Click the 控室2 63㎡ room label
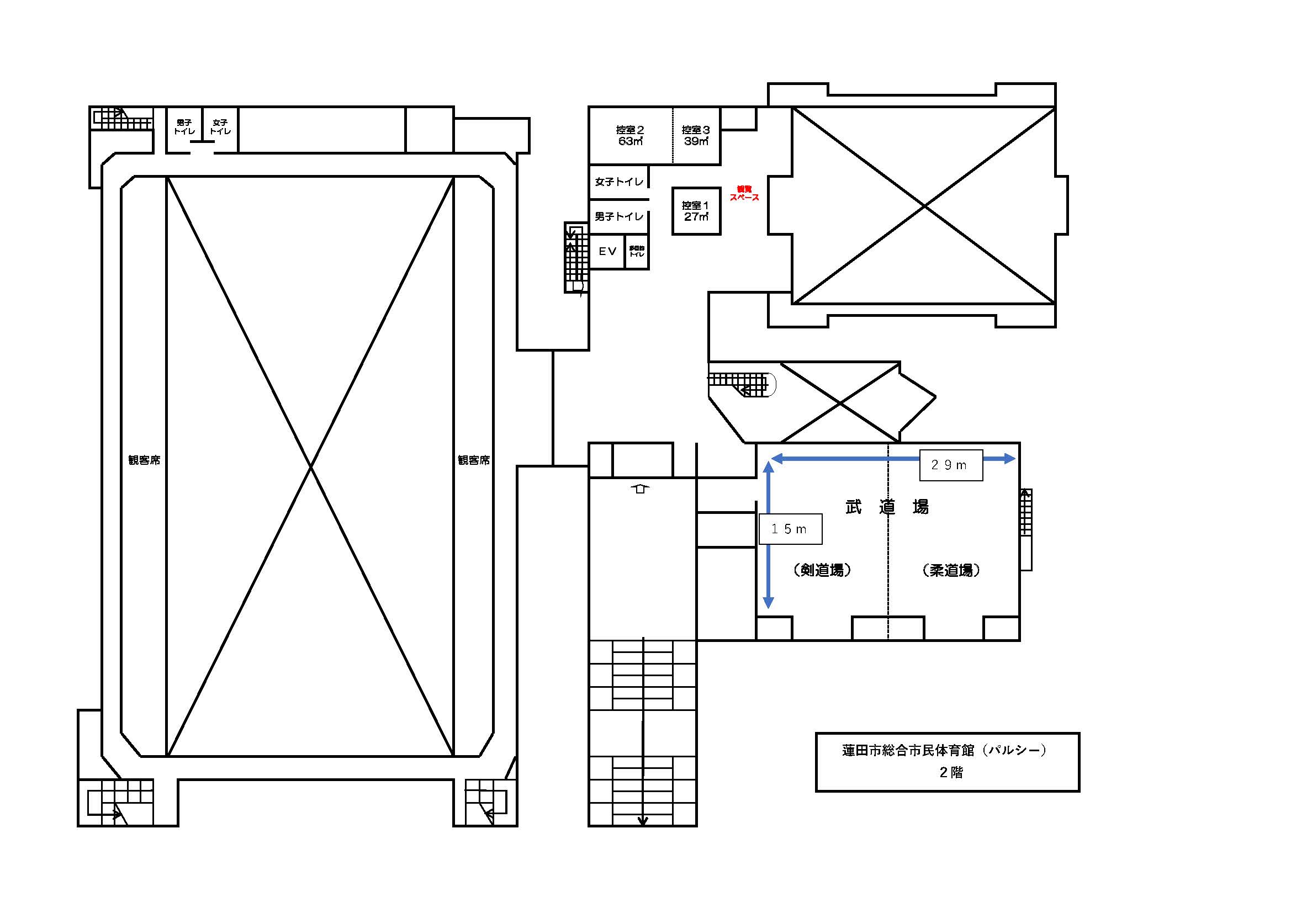pos(629,135)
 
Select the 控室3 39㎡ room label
pos(696,135)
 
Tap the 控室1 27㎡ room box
pos(696,211)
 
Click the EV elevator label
pos(607,251)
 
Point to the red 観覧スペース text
pos(744,193)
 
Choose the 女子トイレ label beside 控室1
pos(618,182)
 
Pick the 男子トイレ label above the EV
pos(618,216)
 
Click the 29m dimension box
pos(951,465)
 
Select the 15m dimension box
pos(790,528)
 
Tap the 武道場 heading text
pos(887,507)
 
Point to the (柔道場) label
pos(951,570)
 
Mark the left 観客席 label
pos(144,460)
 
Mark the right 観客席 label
pos(473,460)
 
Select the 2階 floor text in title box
pos(951,772)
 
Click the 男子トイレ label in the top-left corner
pos(184,126)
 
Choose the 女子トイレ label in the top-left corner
pos(220,126)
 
